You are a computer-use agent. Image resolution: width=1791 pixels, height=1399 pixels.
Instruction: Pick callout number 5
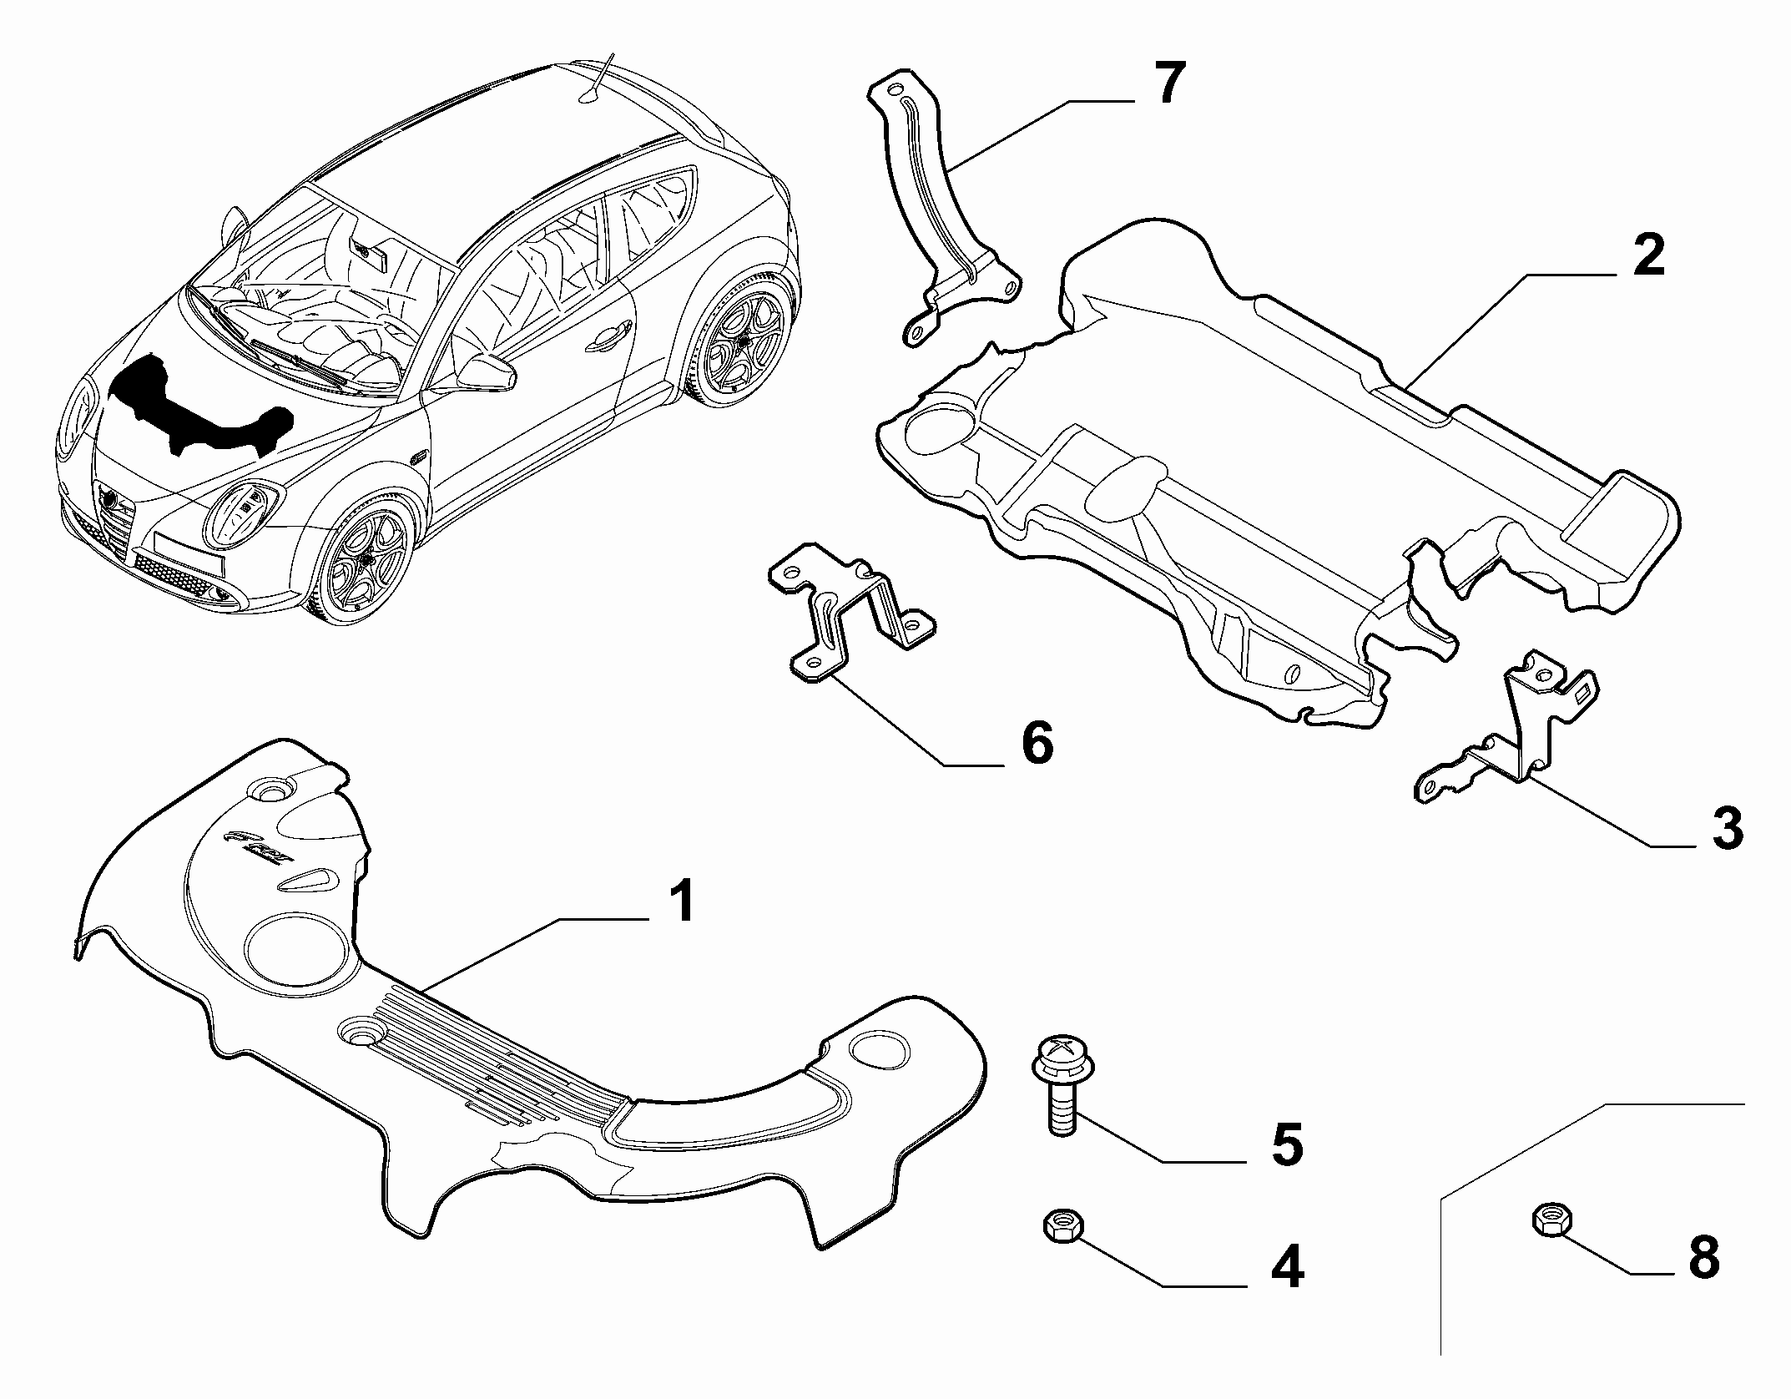tap(1286, 1144)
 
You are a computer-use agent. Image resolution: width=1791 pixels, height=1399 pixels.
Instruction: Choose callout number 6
tap(1037, 743)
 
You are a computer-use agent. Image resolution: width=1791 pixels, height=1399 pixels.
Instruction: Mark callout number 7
tap(1167, 83)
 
